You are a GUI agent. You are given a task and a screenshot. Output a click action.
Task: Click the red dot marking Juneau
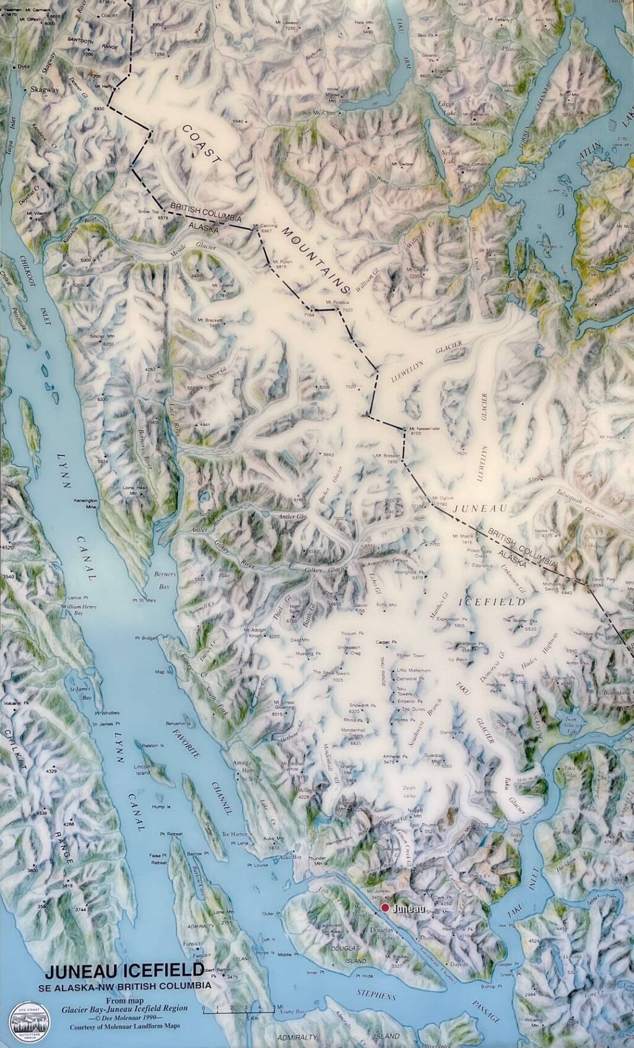click(x=384, y=908)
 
